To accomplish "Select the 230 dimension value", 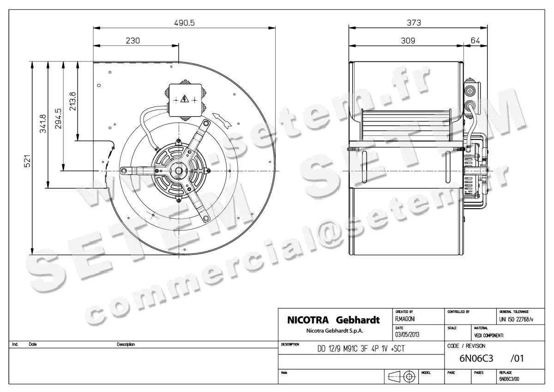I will [x=133, y=41].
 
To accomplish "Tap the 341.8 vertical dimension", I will [x=42, y=123].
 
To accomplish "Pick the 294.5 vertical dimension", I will [x=58, y=119].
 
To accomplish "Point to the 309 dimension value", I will [x=407, y=41].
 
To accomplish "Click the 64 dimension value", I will [x=475, y=41].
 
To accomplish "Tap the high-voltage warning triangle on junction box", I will [x=185, y=99].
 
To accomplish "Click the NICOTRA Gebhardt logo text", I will [x=333, y=320].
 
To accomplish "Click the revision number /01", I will [x=517, y=358].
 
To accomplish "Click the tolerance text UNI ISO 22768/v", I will [x=516, y=319].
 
